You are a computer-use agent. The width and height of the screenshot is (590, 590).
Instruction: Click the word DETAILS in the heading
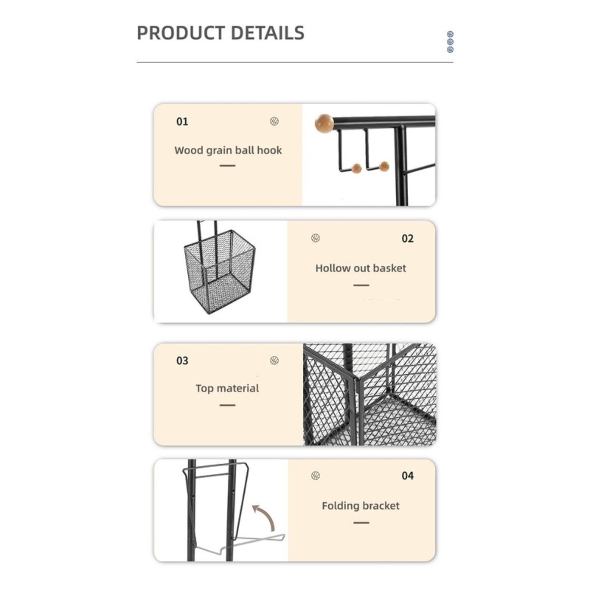(x=267, y=33)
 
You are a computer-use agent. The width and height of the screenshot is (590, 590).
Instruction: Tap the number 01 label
(x=182, y=121)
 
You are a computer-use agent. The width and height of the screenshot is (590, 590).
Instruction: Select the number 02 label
(x=408, y=239)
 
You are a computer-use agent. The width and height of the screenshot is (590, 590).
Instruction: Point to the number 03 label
(x=182, y=361)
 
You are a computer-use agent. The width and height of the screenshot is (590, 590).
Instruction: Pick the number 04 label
(x=408, y=476)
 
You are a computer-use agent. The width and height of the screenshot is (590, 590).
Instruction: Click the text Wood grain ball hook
(x=228, y=150)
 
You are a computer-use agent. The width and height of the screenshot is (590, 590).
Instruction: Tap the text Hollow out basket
(x=361, y=268)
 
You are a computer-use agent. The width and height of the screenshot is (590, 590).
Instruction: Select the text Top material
(x=227, y=388)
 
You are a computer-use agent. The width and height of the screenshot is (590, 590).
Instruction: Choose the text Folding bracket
(x=361, y=506)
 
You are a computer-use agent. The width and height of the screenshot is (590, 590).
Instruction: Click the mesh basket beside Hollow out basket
(x=219, y=271)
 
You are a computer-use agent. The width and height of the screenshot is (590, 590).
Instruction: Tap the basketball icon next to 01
(x=274, y=121)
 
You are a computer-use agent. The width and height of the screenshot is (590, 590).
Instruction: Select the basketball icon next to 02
(x=316, y=238)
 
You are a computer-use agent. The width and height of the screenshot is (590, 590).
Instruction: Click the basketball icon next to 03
(x=274, y=361)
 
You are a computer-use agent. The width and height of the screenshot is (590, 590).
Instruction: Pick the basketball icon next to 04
(x=316, y=475)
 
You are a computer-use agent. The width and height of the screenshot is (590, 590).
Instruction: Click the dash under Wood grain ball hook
(x=227, y=166)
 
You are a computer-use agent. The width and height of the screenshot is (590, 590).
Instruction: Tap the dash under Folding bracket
(x=361, y=523)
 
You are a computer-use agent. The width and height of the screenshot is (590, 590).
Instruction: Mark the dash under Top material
(x=227, y=405)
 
